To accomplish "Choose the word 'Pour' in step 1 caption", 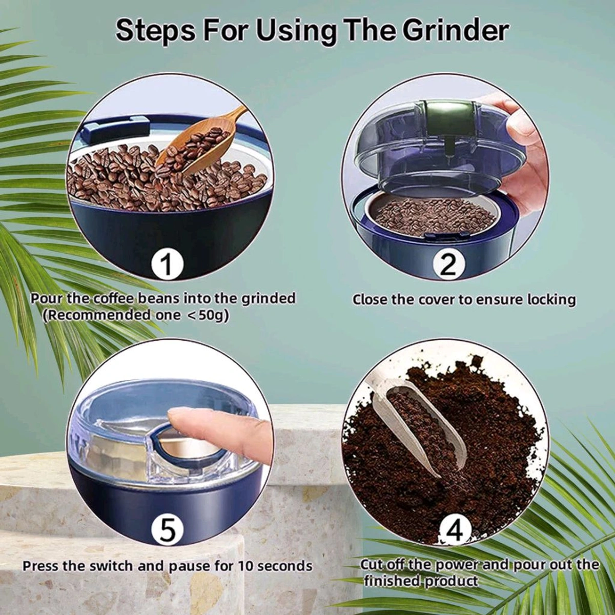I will point(48,298).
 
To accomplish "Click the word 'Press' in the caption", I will point(41,566).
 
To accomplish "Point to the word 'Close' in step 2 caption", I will point(370,299).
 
